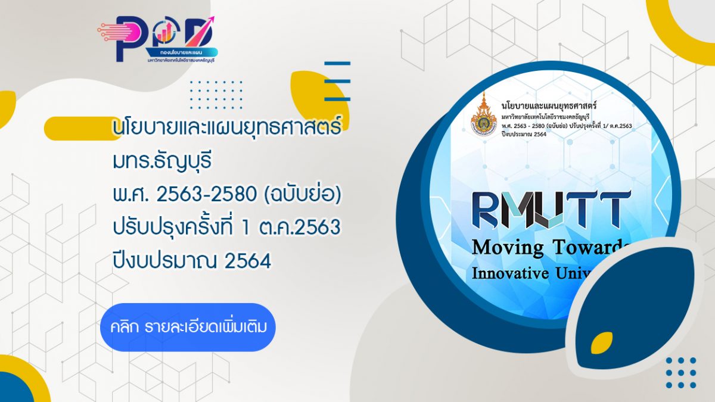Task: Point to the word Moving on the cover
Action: tap(508, 247)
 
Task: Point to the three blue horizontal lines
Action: tap(337, 81)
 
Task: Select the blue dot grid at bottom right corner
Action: tap(680, 373)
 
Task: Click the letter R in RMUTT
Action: tap(486, 210)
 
